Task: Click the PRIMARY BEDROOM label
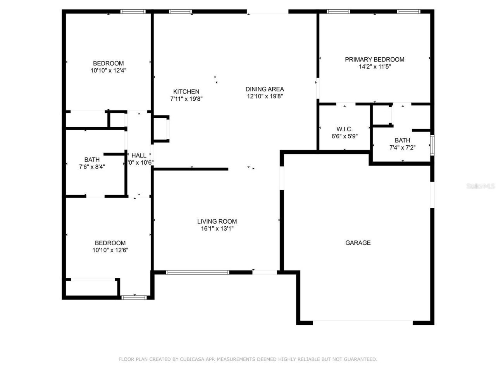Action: click(x=374, y=59)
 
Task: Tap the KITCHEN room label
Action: click(x=186, y=92)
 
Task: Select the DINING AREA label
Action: click(x=265, y=89)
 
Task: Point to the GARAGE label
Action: click(x=358, y=243)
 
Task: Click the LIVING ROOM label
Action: click(x=217, y=222)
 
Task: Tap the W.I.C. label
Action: click(x=344, y=129)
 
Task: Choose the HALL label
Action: click(x=139, y=155)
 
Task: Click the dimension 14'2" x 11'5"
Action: click(x=374, y=67)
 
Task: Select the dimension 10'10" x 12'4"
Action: click(x=108, y=71)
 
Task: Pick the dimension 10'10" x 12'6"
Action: click(x=110, y=250)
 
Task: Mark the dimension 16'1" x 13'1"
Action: click(x=217, y=229)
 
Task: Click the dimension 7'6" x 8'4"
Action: click(x=92, y=167)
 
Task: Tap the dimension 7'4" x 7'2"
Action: click(x=402, y=148)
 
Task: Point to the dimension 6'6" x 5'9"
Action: click(x=344, y=136)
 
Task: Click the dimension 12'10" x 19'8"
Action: click(x=265, y=96)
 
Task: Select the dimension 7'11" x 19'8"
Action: click(x=186, y=99)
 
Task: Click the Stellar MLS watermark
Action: click(x=480, y=186)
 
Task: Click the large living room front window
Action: click(x=198, y=272)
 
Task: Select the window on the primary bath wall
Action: click(x=432, y=145)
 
